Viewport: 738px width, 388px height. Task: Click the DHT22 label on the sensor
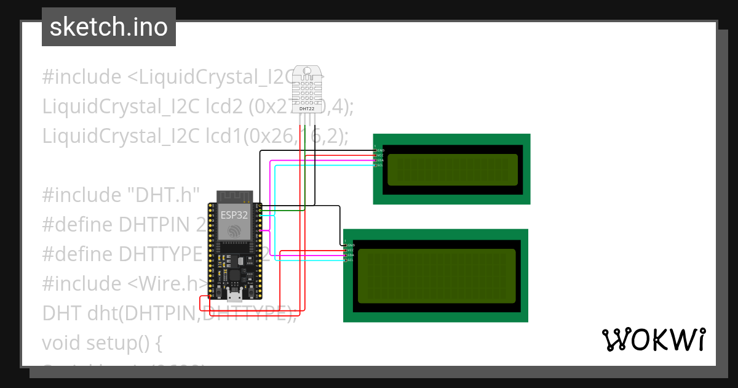[306, 109]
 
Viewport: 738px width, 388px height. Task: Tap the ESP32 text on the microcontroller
[234, 215]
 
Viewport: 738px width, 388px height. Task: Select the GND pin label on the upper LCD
[381, 150]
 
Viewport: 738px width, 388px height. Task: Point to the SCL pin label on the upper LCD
[380, 165]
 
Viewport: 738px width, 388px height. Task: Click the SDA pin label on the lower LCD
[350, 255]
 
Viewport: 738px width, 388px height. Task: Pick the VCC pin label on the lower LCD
[350, 250]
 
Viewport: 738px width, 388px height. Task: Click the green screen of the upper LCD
[452, 169]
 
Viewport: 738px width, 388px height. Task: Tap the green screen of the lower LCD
[437, 276]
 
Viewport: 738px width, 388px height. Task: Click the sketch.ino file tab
[109, 27]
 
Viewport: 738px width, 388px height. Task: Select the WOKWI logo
[653, 339]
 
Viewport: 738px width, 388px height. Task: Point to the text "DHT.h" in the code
[164, 195]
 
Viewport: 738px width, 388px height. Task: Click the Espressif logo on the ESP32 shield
[234, 231]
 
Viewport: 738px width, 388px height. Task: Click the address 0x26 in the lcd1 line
[265, 136]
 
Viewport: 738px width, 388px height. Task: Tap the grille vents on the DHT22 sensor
[307, 89]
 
